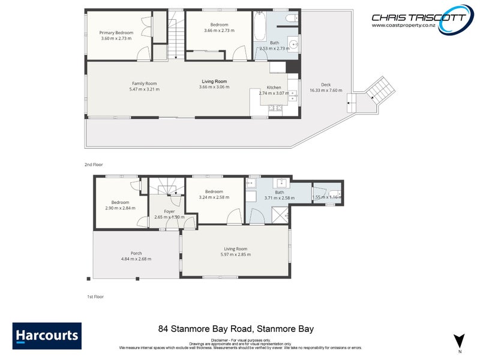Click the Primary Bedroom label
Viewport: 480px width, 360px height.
click(x=116, y=32)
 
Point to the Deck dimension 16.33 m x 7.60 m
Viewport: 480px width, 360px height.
click(x=326, y=91)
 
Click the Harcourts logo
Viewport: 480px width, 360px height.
click(x=47, y=336)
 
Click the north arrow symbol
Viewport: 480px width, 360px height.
click(x=459, y=340)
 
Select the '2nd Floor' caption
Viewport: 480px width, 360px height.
click(x=94, y=163)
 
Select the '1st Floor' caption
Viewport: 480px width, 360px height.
click(x=96, y=296)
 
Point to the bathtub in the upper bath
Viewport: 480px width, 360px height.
click(x=259, y=28)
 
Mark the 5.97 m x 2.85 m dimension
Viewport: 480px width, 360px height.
click(x=236, y=254)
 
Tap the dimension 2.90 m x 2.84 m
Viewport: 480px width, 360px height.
click(x=120, y=208)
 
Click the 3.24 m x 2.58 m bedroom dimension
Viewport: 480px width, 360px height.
click(x=214, y=197)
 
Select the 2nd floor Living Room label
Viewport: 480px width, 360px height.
click(x=214, y=82)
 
